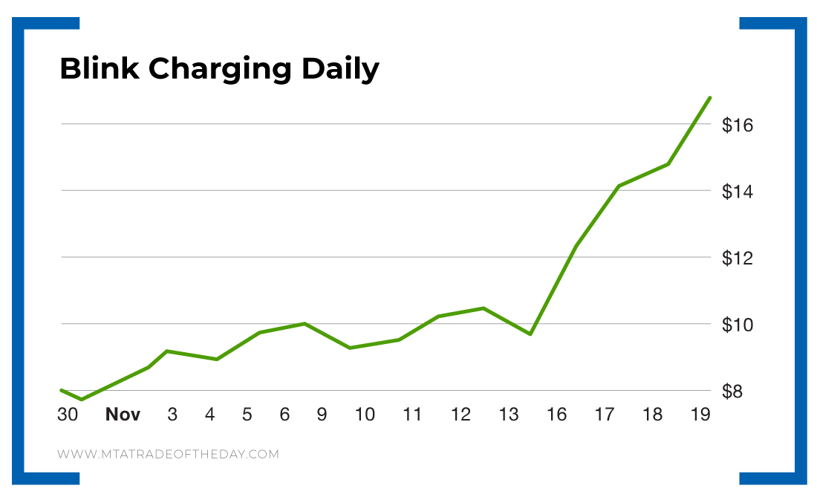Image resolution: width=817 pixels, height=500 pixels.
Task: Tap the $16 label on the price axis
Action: coord(738,125)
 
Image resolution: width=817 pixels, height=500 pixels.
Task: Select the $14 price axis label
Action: coord(738,192)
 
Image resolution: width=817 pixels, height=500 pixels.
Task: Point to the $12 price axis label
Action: coord(738,259)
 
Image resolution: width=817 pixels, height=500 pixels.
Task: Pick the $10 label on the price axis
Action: coord(738,325)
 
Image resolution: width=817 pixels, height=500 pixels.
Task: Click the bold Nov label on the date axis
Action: coord(123,415)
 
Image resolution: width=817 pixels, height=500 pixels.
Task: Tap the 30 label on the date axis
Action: coord(68,415)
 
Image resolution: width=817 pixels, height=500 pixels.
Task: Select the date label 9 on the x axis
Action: coord(322,415)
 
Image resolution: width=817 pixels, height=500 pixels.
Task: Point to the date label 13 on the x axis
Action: coord(509,415)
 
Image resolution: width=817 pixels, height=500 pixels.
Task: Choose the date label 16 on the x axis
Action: coord(557,415)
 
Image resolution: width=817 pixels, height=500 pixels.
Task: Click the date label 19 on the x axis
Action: coord(700,415)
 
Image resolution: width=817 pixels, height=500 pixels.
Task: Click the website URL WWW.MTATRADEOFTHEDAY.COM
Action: coord(168,454)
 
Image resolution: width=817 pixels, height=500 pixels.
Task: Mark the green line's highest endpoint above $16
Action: coord(710,97)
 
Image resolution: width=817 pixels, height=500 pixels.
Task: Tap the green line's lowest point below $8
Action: coord(81,400)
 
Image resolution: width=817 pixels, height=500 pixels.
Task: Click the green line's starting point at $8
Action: coord(62,389)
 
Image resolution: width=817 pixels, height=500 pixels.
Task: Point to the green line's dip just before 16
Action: coord(530,334)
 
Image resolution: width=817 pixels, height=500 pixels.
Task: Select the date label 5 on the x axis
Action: coord(247,415)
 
